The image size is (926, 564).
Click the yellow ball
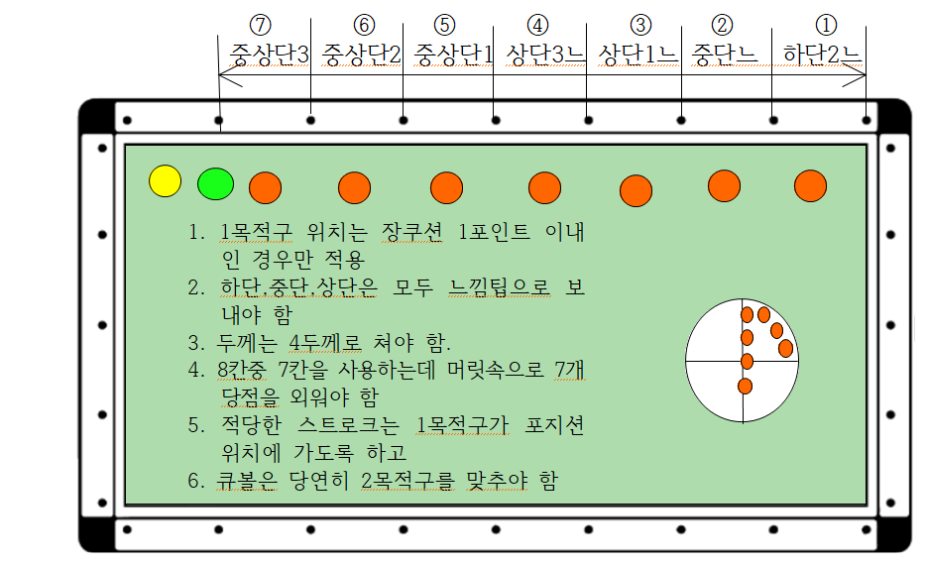(x=166, y=180)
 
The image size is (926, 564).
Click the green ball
(x=215, y=183)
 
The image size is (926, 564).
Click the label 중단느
(x=725, y=54)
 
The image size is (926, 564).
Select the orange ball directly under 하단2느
(x=811, y=185)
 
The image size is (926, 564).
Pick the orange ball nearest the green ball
(x=266, y=186)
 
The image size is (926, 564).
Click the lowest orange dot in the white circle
(x=745, y=386)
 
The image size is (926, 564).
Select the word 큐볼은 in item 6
(x=245, y=481)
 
